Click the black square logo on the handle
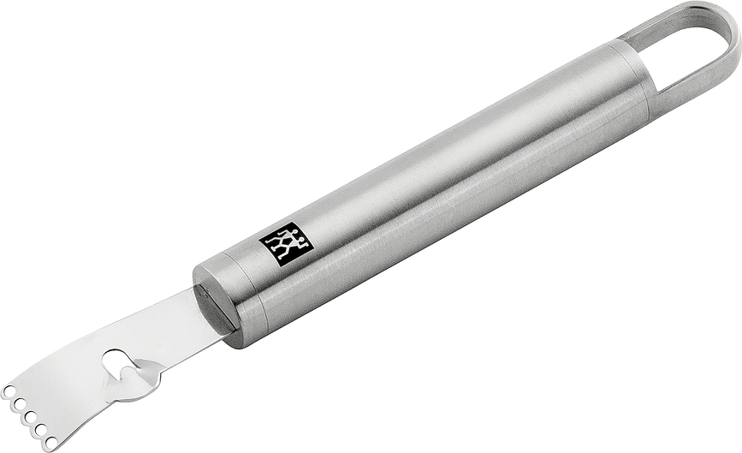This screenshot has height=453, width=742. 281,244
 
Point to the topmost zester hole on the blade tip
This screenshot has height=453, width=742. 9,390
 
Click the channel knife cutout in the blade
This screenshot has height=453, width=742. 116,361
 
